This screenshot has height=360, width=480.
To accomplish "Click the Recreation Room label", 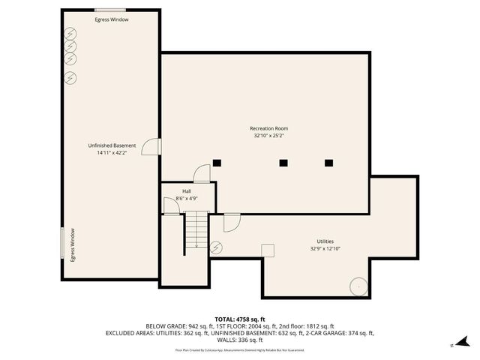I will point(268,128).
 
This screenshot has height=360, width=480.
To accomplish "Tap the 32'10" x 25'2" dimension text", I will point(268,136).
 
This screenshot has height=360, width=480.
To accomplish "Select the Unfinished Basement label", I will point(112,145).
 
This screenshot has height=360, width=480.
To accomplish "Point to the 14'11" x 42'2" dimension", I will point(112,153).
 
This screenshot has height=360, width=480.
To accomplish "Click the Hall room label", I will point(186,191).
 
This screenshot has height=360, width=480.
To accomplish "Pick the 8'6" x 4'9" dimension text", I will point(186,199).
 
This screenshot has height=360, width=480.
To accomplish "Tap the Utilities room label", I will point(325,240).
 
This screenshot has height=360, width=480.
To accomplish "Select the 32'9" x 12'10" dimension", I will point(325,248).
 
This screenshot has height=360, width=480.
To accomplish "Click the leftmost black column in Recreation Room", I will point(217,163).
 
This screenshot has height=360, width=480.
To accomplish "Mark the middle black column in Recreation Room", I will point(283,163).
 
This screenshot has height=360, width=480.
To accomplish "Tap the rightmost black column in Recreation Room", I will point(328,163).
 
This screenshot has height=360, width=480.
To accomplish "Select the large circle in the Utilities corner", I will point(359,286).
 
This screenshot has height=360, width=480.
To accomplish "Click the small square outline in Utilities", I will point(268,251).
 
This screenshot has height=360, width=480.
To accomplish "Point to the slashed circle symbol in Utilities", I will point(217,246).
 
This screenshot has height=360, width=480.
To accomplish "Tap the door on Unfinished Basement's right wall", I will point(151,146).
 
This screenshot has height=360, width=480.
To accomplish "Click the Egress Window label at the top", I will point(112,19).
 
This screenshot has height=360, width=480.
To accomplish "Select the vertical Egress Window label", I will point(73,244).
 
